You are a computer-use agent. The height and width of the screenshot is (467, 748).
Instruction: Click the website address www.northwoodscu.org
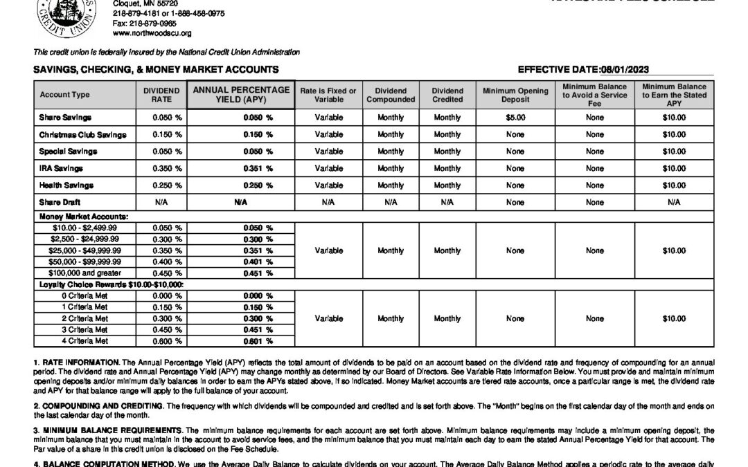coord(152,33)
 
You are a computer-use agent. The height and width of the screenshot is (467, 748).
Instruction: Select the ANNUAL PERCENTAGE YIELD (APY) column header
coord(241,95)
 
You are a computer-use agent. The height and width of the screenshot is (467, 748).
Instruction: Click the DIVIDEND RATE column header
coord(161,95)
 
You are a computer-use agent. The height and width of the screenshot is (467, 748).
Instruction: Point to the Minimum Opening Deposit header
coord(515,95)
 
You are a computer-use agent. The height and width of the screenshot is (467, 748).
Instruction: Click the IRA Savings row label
coord(61,168)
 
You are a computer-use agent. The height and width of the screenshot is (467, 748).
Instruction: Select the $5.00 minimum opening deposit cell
coord(515,118)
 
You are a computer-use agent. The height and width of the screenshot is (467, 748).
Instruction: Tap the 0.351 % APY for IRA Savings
coord(258,168)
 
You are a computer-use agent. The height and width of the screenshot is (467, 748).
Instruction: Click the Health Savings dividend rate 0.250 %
coord(167,185)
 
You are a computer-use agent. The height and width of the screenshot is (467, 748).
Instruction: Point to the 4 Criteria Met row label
coord(85,340)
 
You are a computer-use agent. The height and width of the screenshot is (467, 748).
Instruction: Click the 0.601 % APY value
coord(258,340)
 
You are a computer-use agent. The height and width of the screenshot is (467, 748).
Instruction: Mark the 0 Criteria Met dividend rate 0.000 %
coord(167,295)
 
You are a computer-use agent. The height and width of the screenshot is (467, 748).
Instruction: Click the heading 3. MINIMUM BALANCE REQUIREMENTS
coord(100,430)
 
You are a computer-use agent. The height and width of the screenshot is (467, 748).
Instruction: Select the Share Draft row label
coord(60,202)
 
